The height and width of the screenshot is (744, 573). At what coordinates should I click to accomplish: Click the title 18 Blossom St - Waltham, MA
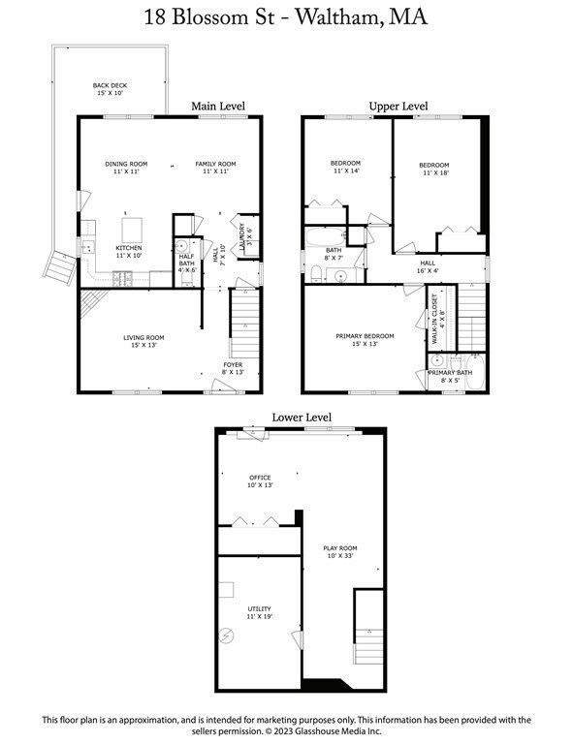point(286,17)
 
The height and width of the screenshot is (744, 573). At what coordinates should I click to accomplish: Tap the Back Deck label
point(110,89)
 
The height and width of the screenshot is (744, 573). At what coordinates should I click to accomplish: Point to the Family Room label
point(215,168)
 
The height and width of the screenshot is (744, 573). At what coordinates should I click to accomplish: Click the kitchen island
point(131,230)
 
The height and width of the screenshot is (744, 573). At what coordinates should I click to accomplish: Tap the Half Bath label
point(187,264)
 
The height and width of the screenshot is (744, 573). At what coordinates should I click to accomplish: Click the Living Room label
point(143,341)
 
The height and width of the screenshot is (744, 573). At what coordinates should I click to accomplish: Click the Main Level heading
point(217,106)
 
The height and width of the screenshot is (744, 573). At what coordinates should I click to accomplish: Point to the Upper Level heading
point(398,106)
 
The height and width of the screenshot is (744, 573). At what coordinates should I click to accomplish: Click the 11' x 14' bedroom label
point(346,166)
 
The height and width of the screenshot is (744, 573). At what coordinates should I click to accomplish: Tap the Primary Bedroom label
point(363,340)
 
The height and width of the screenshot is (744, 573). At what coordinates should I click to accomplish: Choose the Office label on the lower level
point(259,480)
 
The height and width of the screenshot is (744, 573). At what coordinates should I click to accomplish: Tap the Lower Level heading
point(301,418)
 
